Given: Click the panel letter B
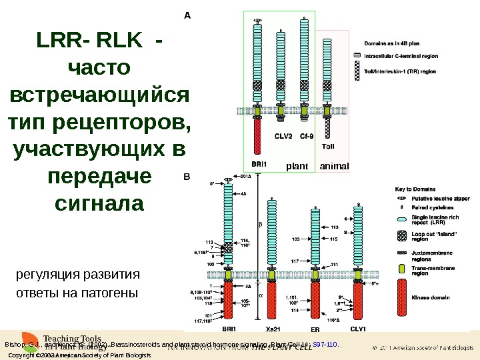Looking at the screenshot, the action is [187, 177].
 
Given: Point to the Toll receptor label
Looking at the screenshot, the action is [328, 146].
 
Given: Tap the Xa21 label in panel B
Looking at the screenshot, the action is [271, 329].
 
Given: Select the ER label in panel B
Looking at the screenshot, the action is [315, 329].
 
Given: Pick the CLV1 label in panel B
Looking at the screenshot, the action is [359, 329].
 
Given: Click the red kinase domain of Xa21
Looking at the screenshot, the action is [271, 300].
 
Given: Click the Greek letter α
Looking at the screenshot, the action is [261, 293].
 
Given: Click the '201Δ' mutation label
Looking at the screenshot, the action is [245, 177].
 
